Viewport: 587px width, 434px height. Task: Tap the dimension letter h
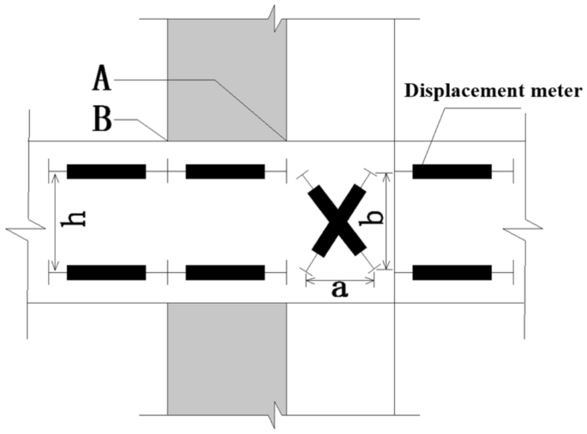click(x=76, y=220)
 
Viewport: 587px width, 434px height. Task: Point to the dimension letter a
click(x=339, y=290)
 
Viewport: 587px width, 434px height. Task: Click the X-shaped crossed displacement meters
click(x=339, y=220)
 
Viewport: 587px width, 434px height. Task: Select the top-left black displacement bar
click(x=106, y=171)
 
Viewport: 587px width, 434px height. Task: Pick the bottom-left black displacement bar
click(x=106, y=273)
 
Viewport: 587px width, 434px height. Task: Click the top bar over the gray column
click(x=225, y=171)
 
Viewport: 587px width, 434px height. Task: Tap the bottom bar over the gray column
click(x=225, y=273)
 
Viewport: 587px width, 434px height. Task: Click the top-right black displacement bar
click(x=452, y=171)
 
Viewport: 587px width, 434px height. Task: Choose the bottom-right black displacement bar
click(x=452, y=273)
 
